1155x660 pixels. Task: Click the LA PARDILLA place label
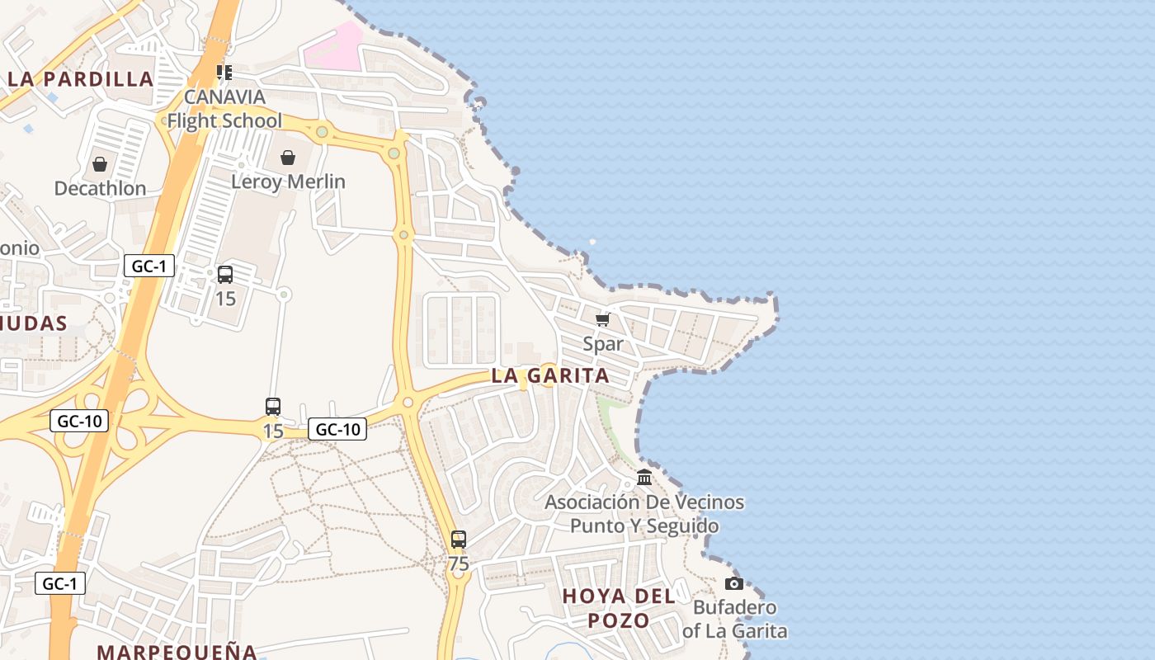[x=81, y=79]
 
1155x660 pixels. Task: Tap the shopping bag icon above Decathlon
[x=100, y=164]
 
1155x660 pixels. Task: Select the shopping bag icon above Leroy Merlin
[x=288, y=158]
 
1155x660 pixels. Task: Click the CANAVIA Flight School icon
[x=224, y=73]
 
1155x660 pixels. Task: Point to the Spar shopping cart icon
[x=603, y=318]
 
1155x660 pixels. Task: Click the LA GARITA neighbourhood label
[x=550, y=376]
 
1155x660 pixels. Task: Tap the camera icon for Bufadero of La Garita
[x=733, y=584]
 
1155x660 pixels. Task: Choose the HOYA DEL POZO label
[x=619, y=608]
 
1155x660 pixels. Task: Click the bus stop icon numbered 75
[x=459, y=540]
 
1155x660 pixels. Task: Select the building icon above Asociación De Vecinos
[x=644, y=478]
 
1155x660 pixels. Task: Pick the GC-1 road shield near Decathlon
[x=149, y=266]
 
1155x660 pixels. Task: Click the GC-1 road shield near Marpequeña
[x=60, y=583]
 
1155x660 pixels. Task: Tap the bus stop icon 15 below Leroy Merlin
[x=225, y=275]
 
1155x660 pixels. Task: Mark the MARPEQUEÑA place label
[x=177, y=651]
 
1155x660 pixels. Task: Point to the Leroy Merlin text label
[x=288, y=181]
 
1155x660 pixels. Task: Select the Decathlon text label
[x=100, y=188]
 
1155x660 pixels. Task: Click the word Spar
[x=603, y=343]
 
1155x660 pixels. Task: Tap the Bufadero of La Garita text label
[x=734, y=620]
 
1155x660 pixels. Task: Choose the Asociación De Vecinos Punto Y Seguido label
[x=644, y=514]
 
